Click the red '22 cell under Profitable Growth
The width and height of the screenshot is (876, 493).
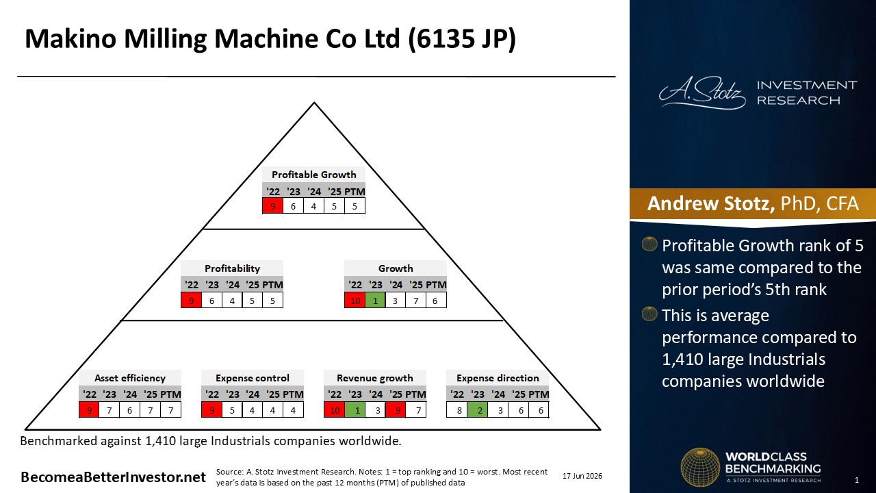pos(272,206)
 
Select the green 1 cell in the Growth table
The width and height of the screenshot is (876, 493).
pos(376,301)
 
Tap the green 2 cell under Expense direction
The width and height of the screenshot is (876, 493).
pos(478,410)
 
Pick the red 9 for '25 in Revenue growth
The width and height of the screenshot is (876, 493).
pos(396,410)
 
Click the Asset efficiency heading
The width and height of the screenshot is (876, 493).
pos(130,378)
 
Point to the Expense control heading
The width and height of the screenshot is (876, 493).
pos(253,378)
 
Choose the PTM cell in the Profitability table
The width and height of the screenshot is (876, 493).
pos(272,301)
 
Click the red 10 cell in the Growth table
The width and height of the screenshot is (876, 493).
pos(355,301)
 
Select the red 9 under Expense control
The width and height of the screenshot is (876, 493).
pos(211,410)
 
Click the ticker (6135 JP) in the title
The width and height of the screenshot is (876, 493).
pos(461,39)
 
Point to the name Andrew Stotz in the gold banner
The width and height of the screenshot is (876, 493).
pos(710,203)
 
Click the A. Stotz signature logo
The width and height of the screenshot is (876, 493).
pos(703,92)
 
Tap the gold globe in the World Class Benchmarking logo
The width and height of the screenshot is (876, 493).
pos(700,467)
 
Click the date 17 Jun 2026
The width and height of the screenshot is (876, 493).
pos(582,476)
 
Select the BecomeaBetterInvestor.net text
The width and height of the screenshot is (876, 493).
pos(113,477)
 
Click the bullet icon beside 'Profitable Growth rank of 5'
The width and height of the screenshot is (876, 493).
pos(649,244)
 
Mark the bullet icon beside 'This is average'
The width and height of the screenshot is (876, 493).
pos(649,314)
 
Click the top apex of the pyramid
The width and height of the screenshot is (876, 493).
pos(314,103)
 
